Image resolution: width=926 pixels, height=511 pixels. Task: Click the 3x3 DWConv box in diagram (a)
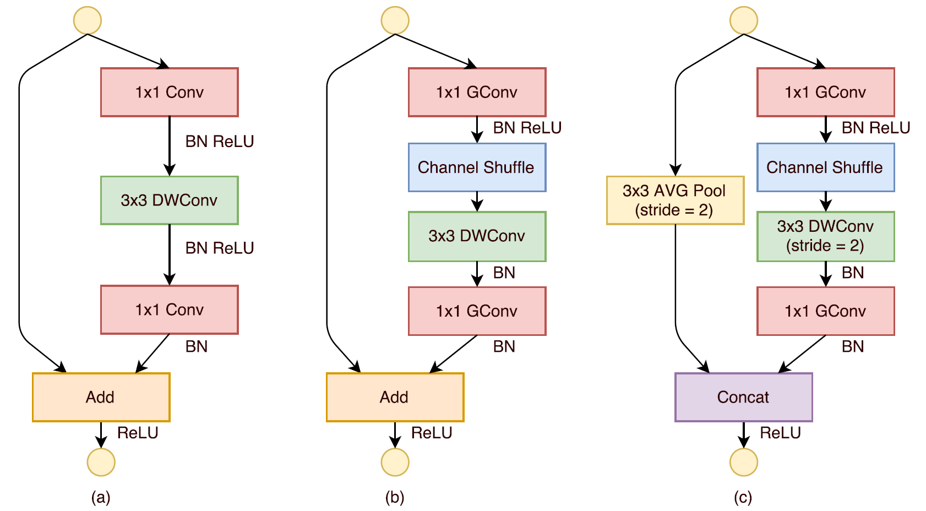click(x=170, y=200)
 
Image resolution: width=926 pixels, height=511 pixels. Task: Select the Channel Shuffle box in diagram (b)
click(x=477, y=167)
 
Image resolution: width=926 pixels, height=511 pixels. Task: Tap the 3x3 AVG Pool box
click(x=675, y=200)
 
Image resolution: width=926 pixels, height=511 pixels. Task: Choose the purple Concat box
click(x=743, y=397)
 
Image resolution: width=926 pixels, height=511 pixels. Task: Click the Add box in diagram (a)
click(x=101, y=397)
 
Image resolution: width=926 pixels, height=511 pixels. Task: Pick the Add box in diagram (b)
click(x=395, y=397)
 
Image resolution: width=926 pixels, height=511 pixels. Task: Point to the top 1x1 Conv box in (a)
click(x=170, y=92)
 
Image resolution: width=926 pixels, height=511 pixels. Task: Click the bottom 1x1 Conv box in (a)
click(x=170, y=309)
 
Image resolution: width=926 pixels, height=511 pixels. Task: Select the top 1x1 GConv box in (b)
click(x=477, y=92)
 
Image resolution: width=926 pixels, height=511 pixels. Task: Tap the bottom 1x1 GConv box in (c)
click(x=825, y=311)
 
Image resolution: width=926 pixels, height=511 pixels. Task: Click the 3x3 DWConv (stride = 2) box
click(x=825, y=236)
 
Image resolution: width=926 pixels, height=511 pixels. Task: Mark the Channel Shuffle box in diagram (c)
click(x=825, y=167)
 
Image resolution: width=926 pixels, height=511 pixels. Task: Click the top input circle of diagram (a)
click(x=88, y=20)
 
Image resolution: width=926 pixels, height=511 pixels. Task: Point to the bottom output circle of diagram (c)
click(x=743, y=462)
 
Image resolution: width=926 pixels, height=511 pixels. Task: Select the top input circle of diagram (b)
click(x=395, y=20)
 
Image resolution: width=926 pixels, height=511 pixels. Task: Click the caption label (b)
click(x=395, y=497)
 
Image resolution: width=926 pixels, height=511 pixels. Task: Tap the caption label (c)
click(x=743, y=497)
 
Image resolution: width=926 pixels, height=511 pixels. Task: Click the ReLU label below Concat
click(x=780, y=433)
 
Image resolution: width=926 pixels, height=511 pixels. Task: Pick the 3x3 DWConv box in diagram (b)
click(x=477, y=236)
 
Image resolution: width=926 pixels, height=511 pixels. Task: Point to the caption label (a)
click(x=101, y=497)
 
